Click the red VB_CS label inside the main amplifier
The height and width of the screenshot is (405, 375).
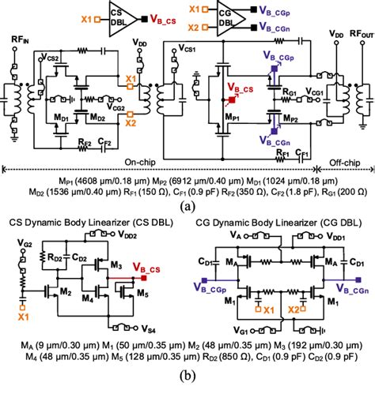click(239, 89)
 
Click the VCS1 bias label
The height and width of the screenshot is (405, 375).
click(188, 48)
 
